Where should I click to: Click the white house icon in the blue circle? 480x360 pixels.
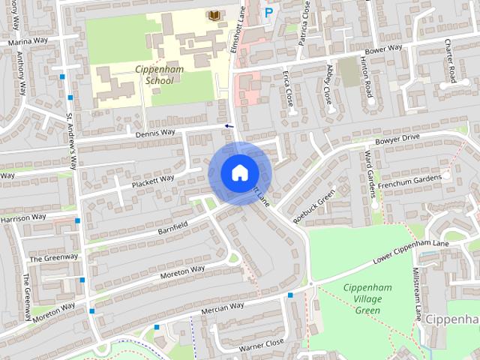click(x=239, y=172)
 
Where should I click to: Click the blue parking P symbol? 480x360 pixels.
click(x=268, y=12)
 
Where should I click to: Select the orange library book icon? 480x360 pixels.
click(x=214, y=15)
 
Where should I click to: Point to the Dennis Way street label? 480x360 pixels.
click(x=155, y=133)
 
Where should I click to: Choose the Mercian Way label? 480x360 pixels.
click(x=223, y=307)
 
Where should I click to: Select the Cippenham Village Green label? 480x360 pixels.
click(x=362, y=299)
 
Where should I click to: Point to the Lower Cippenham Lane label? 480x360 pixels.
click(x=411, y=253)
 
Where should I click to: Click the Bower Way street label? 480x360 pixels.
click(x=385, y=49)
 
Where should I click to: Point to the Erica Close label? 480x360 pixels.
click(x=289, y=88)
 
